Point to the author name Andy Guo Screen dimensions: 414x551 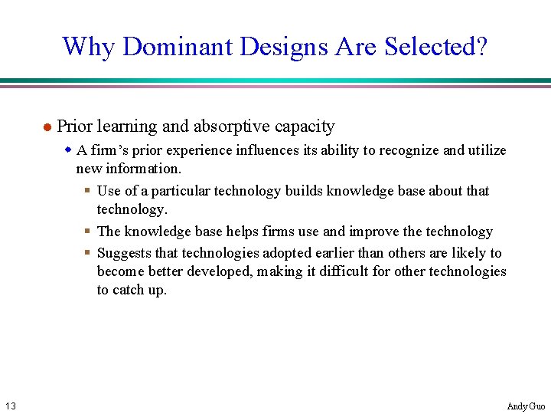click(x=526, y=406)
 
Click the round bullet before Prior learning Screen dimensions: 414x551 click(x=46, y=127)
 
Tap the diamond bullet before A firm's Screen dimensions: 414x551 click(x=68, y=150)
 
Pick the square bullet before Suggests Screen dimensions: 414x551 click(x=88, y=253)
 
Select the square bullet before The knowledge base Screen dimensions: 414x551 click(x=88, y=232)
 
